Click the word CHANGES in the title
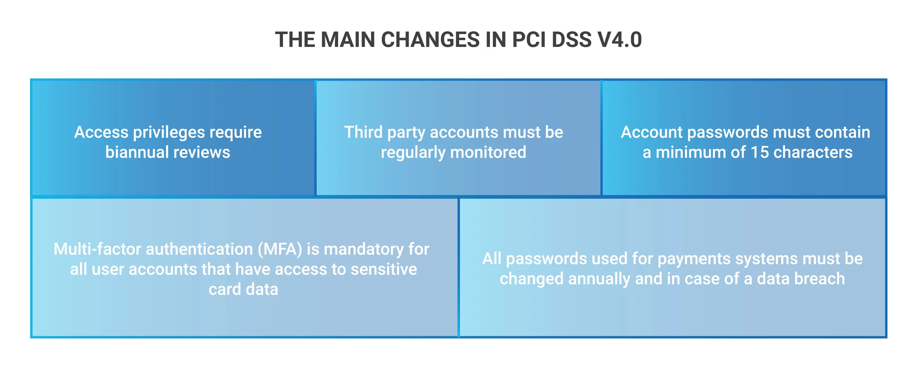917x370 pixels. click(430, 39)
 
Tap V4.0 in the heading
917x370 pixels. click(619, 39)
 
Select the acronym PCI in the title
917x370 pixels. click(529, 39)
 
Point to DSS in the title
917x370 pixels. click(571, 39)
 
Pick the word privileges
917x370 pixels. click(169, 133)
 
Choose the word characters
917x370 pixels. click(813, 152)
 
